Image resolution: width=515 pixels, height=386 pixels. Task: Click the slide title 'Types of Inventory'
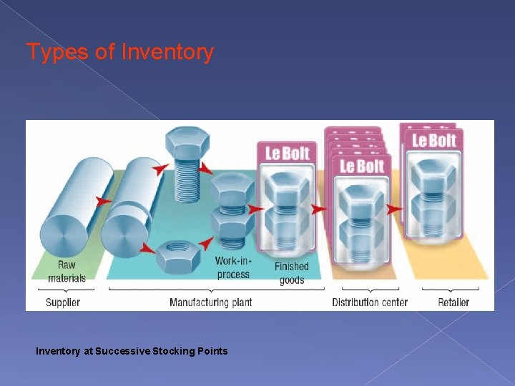[119, 52]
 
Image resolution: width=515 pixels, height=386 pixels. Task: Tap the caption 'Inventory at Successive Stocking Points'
[132, 351]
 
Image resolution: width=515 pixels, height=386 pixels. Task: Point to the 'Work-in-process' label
[233, 267]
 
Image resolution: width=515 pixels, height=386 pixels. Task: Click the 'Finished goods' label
[291, 273]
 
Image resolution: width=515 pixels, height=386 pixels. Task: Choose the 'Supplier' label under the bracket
[63, 302]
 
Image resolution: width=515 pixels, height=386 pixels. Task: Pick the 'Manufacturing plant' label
[210, 302]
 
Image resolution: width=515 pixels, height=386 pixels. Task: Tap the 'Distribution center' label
[369, 302]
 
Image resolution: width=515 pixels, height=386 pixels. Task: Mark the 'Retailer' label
[453, 302]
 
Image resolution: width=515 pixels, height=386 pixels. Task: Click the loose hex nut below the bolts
[177, 254]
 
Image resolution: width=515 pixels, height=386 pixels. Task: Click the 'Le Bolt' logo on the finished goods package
[286, 153]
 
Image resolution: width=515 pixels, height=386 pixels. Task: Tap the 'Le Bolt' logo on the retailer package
[434, 139]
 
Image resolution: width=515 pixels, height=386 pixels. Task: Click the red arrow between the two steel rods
[104, 202]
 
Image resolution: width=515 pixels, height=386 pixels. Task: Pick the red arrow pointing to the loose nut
[149, 249]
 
